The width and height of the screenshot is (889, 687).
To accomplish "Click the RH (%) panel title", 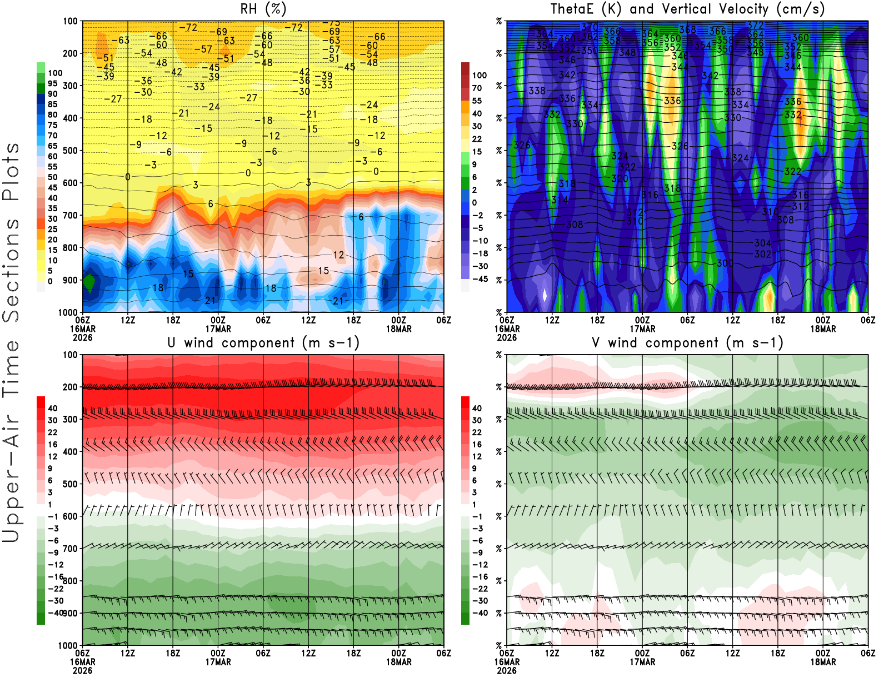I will tap(263, 9).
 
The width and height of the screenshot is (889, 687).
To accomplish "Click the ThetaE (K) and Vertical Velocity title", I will tap(687, 9).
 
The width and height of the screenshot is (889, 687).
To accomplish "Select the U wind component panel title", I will tap(263, 342).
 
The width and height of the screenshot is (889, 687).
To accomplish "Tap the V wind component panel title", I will tap(687, 342).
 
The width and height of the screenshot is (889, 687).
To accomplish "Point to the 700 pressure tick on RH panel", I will tap(71, 215).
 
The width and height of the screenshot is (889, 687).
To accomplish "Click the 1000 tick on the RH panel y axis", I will tap(68, 312).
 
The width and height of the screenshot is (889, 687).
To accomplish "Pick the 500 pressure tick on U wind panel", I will tap(71, 484).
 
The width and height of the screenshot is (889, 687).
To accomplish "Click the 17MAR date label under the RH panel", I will tap(218, 328).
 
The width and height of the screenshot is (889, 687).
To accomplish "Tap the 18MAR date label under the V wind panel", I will tap(823, 662).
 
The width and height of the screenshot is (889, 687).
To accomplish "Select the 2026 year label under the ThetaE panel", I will tap(507, 337).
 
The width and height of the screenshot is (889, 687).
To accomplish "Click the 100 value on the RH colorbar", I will tap(55, 73).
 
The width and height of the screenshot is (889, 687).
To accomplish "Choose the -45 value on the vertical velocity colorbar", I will tap(480, 279).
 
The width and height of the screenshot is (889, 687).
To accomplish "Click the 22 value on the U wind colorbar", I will tap(53, 432).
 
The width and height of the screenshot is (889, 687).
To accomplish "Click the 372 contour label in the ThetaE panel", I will tap(755, 25).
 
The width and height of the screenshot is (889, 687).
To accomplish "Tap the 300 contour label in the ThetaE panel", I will tap(725, 263).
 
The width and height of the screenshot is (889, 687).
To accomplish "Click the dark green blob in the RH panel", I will tap(89, 282).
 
